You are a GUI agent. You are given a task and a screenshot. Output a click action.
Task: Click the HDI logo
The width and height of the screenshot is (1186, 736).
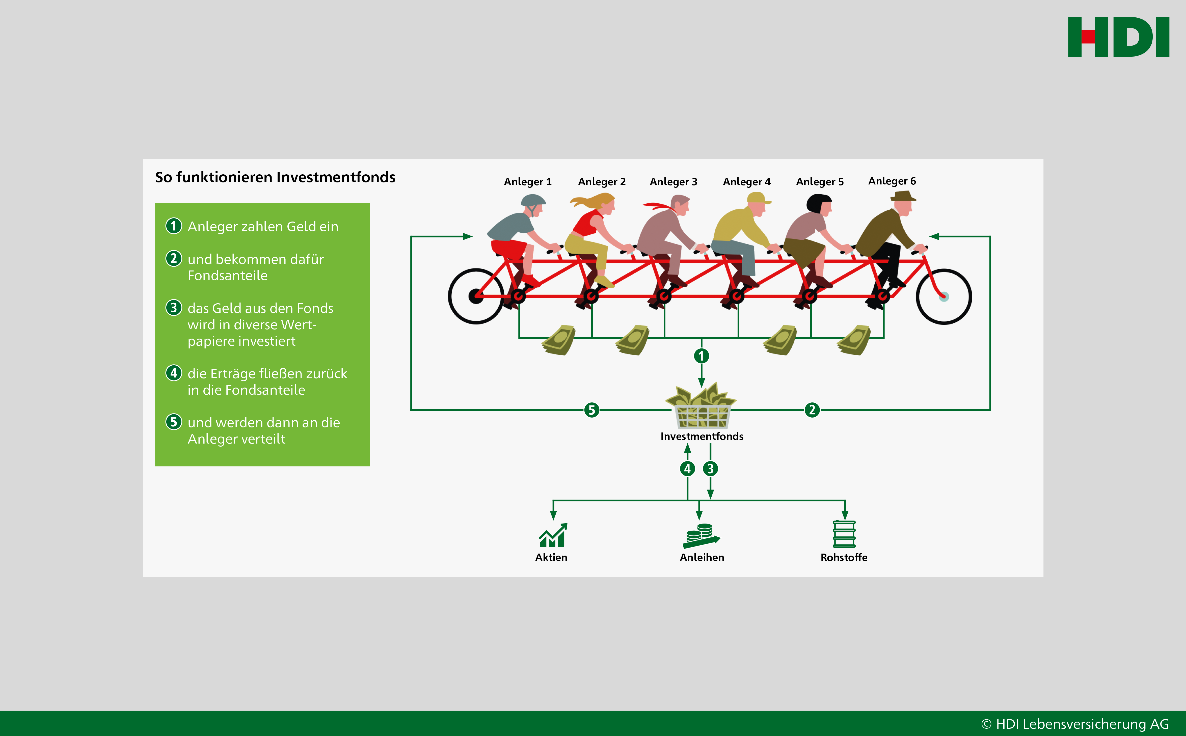click(x=1118, y=37)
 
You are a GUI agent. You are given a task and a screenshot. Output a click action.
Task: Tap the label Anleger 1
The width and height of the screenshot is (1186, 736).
click(x=528, y=182)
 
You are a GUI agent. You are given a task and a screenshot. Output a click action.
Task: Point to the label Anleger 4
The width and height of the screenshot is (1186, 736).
click(x=746, y=182)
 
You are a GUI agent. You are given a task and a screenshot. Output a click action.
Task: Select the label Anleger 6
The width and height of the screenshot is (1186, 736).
click(x=892, y=181)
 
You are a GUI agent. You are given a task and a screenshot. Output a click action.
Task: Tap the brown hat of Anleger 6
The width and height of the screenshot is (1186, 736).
click(x=903, y=196)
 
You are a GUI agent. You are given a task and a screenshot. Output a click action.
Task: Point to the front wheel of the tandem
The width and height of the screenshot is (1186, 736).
click(x=944, y=296)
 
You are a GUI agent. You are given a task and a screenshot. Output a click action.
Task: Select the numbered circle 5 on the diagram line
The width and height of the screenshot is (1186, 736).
click(x=592, y=410)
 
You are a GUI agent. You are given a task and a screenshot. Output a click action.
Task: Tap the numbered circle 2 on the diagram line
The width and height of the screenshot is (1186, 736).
click(x=812, y=410)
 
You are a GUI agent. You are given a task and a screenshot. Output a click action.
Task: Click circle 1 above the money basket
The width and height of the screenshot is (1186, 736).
click(x=701, y=356)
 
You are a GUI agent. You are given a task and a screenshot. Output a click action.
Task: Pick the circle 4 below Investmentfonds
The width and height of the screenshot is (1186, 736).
click(x=687, y=469)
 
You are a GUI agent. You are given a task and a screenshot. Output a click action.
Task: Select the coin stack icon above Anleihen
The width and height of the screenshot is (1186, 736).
click(x=701, y=535)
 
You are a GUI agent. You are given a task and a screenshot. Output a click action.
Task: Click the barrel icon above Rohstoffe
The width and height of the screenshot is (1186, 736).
click(x=844, y=534)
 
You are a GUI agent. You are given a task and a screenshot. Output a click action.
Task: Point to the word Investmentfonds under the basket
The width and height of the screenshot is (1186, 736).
click(x=702, y=436)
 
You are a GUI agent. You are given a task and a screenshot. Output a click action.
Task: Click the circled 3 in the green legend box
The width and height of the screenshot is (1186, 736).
click(x=174, y=308)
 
